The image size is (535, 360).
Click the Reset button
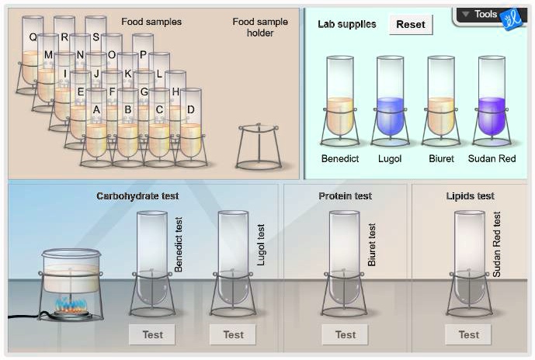coord(411,25)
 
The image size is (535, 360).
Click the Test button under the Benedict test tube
coord(152,334)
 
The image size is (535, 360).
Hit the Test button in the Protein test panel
coord(346,334)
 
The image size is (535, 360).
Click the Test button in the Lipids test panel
coord(468,334)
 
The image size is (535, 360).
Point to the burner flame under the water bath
coord(71,304)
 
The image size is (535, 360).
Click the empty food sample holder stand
coord(259,147)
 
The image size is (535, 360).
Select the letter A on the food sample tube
coord(96,109)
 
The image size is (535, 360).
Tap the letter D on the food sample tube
coord(191,109)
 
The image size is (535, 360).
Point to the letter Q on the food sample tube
coord(33,37)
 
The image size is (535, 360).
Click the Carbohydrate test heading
coord(137,196)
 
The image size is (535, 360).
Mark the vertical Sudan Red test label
coord(496,244)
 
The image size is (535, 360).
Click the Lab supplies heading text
coord(346,24)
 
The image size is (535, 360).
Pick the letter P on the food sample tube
coord(143,54)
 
